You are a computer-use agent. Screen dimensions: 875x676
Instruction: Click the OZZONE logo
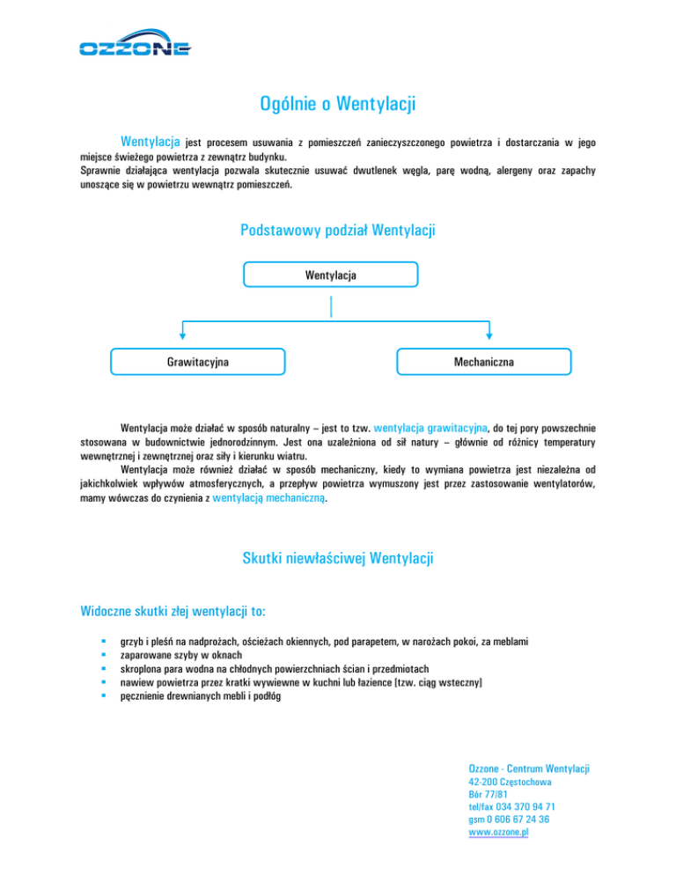(134, 48)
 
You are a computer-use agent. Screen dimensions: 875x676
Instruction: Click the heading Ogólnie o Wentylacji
(338, 105)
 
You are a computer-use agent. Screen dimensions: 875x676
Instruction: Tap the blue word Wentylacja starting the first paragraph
(151, 141)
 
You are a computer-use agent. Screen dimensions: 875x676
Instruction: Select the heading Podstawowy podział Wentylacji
(338, 231)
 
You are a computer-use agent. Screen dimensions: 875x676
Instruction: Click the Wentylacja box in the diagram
(331, 276)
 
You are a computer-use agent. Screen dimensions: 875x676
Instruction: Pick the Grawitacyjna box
(199, 362)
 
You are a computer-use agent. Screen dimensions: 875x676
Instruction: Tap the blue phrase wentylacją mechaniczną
(269, 497)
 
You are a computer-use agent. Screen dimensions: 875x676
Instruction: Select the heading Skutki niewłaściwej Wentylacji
(338, 558)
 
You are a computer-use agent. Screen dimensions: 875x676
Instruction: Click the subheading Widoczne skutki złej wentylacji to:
(173, 609)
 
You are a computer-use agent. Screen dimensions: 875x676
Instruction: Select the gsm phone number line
(510, 819)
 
